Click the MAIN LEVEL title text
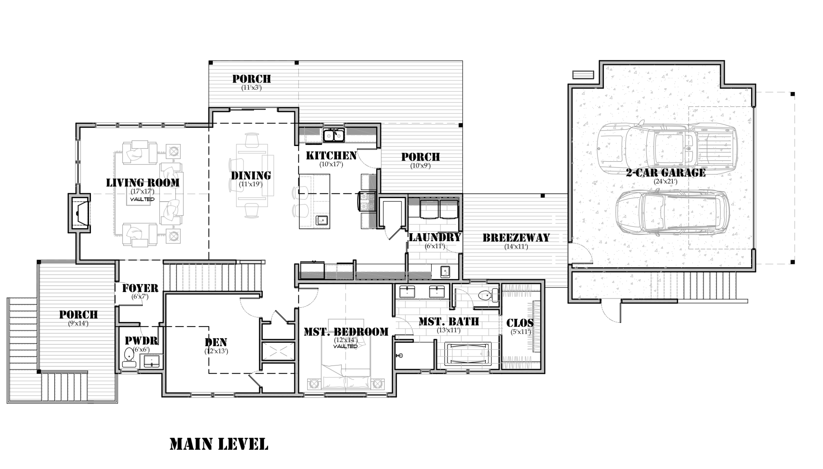pos(219,444)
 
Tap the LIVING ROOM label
pos(143,183)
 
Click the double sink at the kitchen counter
pos(334,135)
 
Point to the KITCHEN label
pos(331,156)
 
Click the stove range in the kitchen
pos(367,201)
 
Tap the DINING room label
pos(251,176)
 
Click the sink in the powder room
pos(151,361)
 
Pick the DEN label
pos(216,342)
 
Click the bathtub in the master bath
pos(468,354)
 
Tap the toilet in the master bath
pos(488,295)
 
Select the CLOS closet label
pos(520,323)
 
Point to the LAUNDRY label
pos(435,237)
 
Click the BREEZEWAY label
pos(516,238)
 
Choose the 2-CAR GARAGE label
pos(665,173)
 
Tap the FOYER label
pos(140,288)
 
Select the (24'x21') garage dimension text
pos(665,181)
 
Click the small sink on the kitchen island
pos(321,220)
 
